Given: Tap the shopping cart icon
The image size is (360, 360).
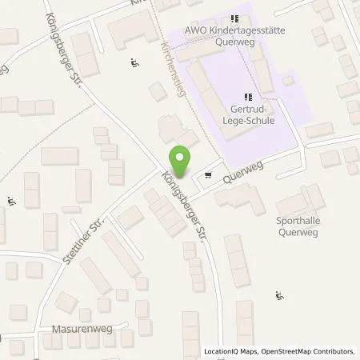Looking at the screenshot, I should tap(209, 174).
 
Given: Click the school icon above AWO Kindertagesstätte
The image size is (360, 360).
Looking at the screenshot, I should tap(234, 19).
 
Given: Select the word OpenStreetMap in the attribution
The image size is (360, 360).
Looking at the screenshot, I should tap(290, 351).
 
